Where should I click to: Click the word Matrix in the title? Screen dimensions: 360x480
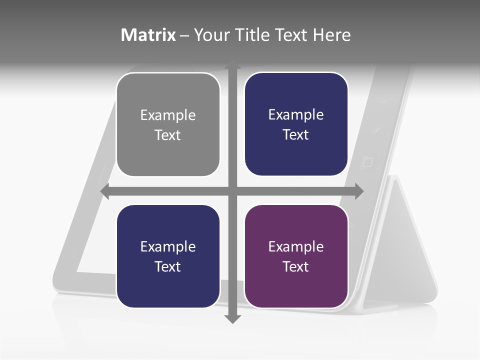pyautogui.click(x=148, y=35)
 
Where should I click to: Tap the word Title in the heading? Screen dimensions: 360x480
pyautogui.click(x=252, y=35)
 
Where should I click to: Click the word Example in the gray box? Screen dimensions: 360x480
pyautogui.click(x=168, y=115)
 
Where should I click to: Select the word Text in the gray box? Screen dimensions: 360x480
pyautogui.click(x=168, y=135)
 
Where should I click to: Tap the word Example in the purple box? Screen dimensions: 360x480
pyautogui.click(x=296, y=246)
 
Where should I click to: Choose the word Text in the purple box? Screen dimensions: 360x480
pyautogui.click(x=296, y=266)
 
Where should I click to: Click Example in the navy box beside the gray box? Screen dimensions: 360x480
pyautogui.click(x=296, y=115)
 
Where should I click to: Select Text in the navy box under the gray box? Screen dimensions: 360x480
pyautogui.click(x=168, y=266)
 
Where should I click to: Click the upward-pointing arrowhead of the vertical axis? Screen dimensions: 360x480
pyautogui.click(x=232, y=65)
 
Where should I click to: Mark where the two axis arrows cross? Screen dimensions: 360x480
pyautogui.click(x=232, y=191)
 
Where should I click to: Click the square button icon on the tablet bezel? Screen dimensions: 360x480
pyautogui.click(x=367, y=162)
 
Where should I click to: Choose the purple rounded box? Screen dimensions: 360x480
pyautogui.click(x=296, y=256)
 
